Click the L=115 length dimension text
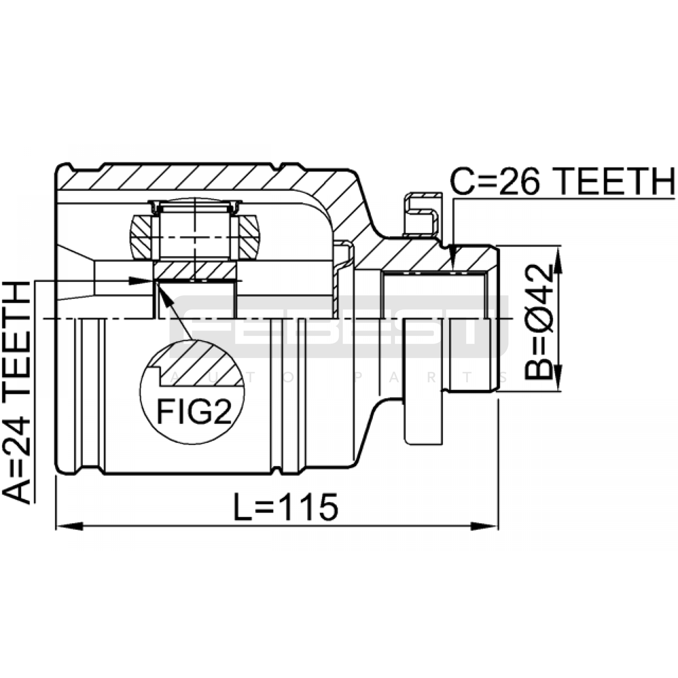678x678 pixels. coord(286,507)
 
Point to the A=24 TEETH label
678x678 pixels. coord(17,392)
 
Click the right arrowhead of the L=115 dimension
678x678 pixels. coord(485,526)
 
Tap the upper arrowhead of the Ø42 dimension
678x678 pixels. coord(558,259)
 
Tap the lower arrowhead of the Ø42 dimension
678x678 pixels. coord(558,378)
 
